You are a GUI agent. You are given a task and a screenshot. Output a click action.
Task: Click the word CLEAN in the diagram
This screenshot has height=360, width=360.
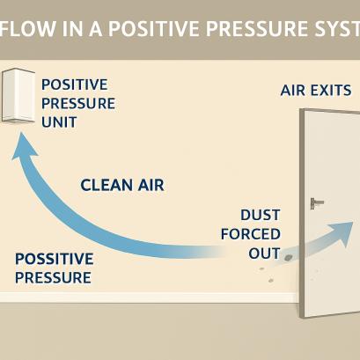tap(104, 186)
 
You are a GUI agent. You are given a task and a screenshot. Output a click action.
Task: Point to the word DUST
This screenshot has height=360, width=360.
tap(260, 216)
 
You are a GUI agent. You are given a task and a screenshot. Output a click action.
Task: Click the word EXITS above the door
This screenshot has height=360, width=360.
tap(333, 91)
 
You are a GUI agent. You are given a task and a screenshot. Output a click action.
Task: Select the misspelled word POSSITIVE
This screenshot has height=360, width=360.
tap(54, 261)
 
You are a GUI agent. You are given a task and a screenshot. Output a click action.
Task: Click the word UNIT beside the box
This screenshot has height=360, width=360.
tap(58, 121)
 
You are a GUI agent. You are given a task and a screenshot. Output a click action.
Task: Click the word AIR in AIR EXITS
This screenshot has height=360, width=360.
tap(295, 91)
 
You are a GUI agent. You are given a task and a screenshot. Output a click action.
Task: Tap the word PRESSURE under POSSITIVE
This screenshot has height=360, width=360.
tap(54, 278)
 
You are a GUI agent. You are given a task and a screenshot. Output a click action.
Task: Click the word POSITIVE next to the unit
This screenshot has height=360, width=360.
tap(74, 84)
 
